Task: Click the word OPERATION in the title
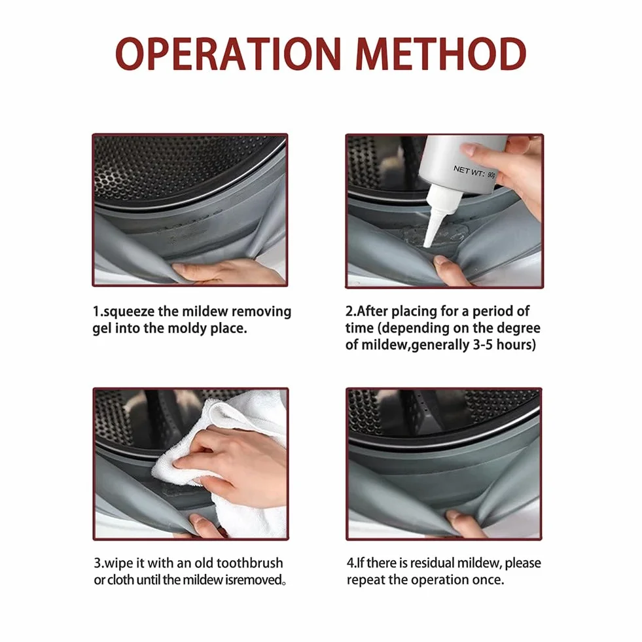[228, 54]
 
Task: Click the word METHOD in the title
[441, 54]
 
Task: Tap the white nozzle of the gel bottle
[436, 218]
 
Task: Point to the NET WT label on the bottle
[474, 172]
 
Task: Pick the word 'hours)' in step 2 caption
[516, 345]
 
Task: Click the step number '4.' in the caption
[351, 563]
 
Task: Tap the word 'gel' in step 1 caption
[101, 329]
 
